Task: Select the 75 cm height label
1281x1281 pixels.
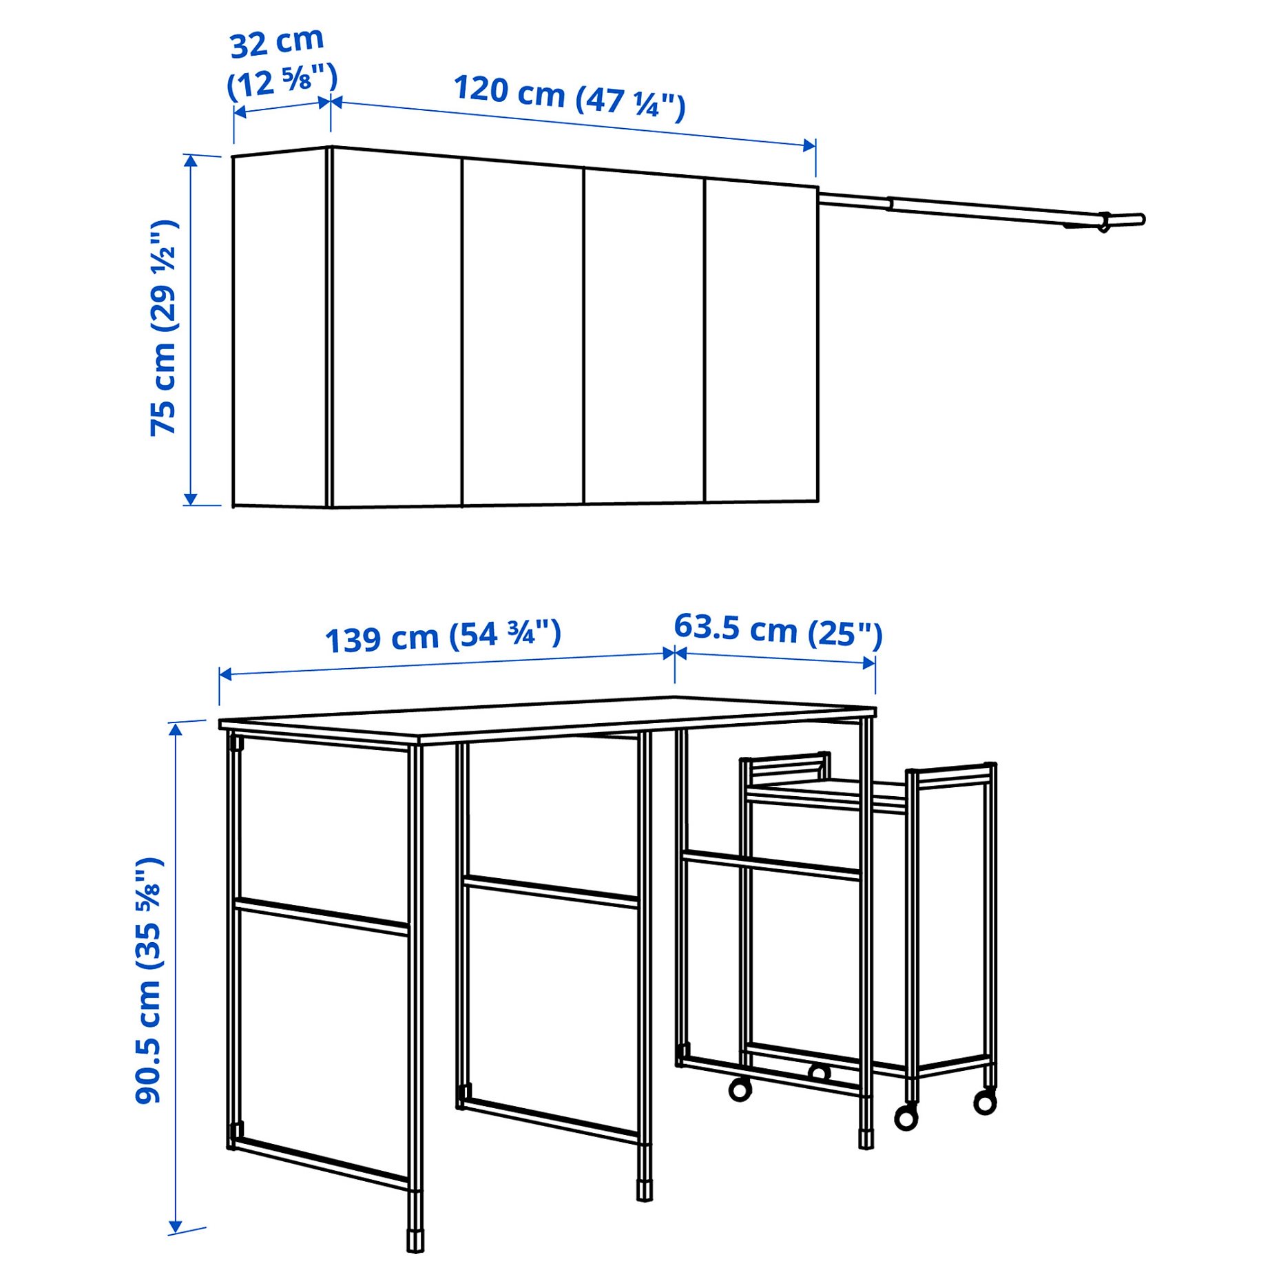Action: tap(164, 328)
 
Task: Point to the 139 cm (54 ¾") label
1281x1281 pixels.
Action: tap(443, 635)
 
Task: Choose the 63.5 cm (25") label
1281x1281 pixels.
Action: tap(778, 629)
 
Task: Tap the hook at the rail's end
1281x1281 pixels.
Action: tap(1103, 222)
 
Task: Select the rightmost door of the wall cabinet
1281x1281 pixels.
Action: tap(762, 341)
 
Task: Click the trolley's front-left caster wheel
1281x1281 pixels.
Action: tap(740, 1090)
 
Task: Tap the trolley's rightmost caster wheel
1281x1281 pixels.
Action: tap(985, 1103)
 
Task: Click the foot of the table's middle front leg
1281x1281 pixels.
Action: tap(644, 1191)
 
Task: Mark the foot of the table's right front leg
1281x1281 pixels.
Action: tap(866, 1138)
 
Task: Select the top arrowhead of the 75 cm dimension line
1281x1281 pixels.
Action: tap(191, 160)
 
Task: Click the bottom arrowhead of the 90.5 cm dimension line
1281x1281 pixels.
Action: tap(176, 1227)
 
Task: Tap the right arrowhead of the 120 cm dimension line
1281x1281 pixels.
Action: tap(810, 145)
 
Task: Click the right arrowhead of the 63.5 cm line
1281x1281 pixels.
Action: tap(870, 663)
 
